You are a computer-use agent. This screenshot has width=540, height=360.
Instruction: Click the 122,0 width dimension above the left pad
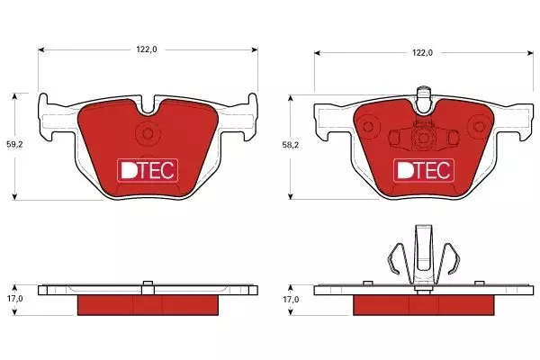[x=147, y=49]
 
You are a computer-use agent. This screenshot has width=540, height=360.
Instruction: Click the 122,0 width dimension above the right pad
[x=423, y=53]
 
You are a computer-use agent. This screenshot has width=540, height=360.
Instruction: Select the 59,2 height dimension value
[x=14, y=145]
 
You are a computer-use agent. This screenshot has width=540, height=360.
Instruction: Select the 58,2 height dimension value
[x=291, y=145]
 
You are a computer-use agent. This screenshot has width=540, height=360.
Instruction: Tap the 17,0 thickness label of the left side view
[x=14, y=299]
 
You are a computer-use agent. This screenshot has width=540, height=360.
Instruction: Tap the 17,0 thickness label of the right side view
[x=291, y=300]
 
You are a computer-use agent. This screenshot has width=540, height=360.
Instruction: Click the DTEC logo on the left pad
[x=148, y=170]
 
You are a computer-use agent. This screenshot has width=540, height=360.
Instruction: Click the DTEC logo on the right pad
[x=424, y=170]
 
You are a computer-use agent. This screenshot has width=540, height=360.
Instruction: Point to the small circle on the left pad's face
[x=148, y=133]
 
